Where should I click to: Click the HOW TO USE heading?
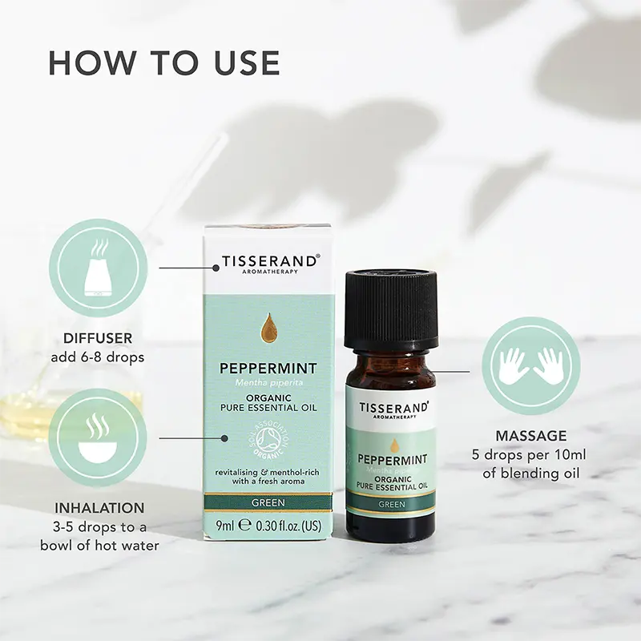164,63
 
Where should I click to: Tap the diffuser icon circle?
98,268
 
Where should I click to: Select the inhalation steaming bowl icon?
98,438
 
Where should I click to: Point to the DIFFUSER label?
98,339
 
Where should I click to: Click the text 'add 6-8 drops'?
98,357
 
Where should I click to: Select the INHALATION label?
99,508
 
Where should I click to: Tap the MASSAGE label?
530,436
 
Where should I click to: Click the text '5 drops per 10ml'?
530,455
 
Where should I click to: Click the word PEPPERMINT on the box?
268,369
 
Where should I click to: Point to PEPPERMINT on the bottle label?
392,460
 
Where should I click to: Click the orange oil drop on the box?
268,329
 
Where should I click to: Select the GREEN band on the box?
268,502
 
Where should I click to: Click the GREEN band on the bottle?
391,504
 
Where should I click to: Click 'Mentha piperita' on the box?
268,385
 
